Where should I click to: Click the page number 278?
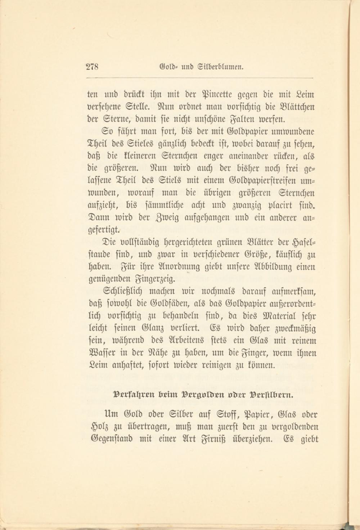[93, 67]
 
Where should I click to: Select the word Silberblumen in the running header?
[220, 67]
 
